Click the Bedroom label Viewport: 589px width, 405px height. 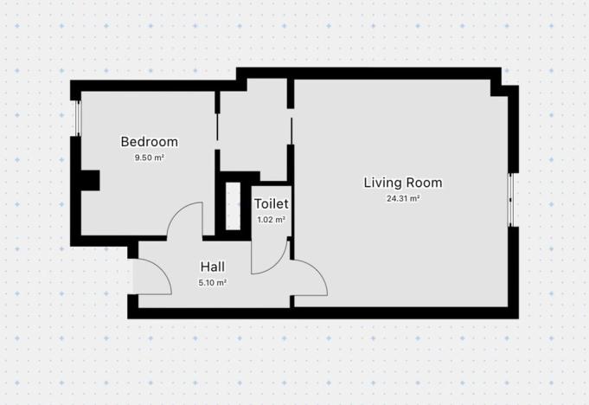(149, 142)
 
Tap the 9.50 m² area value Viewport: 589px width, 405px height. (149, 158)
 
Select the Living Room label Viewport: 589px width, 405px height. (402, 183)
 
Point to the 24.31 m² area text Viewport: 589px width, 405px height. (402, 198)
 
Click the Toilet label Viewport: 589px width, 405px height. (271, 204)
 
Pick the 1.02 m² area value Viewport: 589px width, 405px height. (271, 220)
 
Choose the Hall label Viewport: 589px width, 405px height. (213, 267)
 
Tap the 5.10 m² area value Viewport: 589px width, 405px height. (213, 282)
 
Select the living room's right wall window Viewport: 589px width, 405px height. (511, 199)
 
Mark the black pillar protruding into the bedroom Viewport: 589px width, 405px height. (90, 181)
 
